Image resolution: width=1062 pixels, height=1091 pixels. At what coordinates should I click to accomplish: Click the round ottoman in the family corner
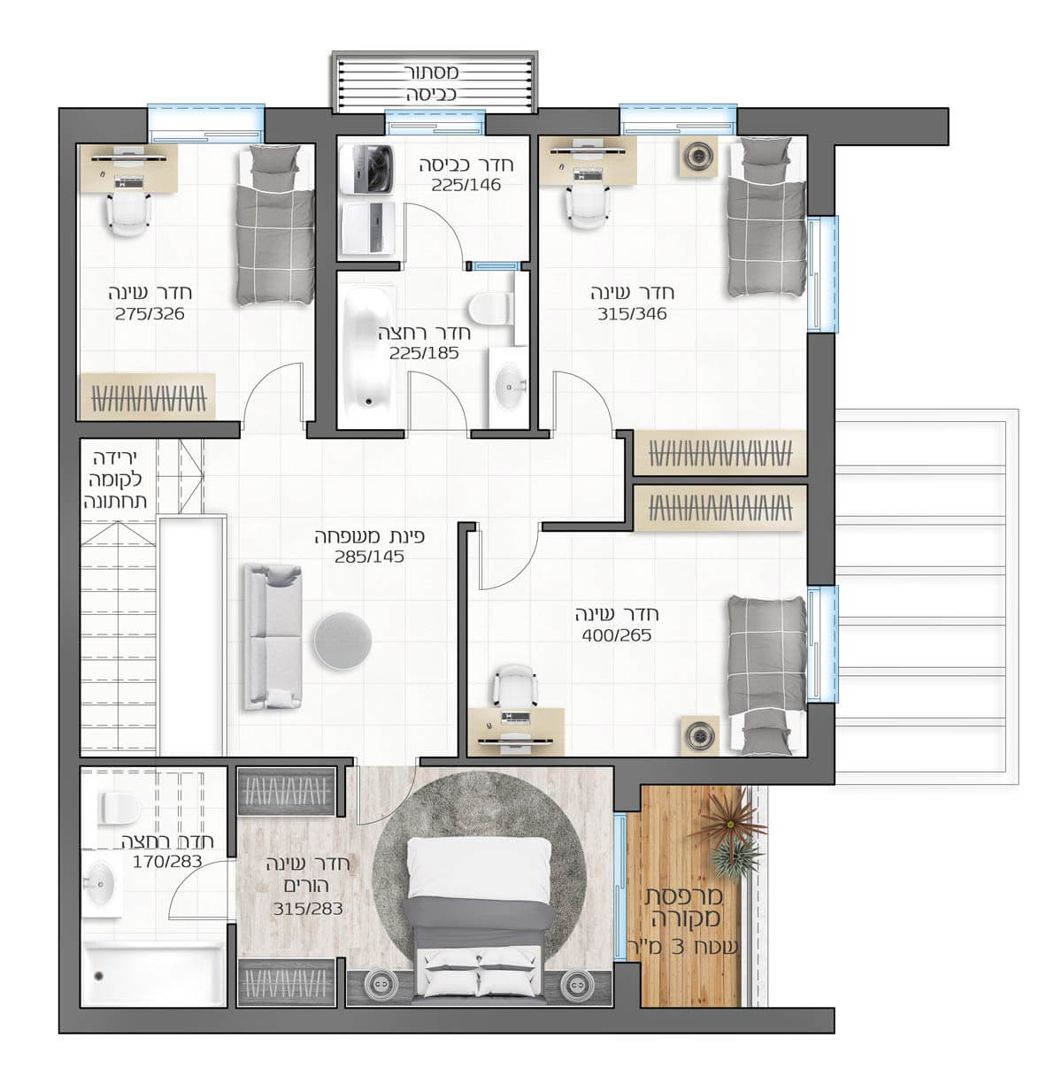click(342, 641)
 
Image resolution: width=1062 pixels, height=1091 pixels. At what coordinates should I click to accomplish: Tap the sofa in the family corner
click(273, 637)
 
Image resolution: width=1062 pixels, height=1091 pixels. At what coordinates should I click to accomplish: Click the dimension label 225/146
click(466, 185)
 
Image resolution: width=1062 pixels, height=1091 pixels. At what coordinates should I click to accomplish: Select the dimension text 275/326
click(150, 314)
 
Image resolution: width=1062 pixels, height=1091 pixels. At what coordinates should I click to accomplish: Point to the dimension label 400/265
click(617, 636)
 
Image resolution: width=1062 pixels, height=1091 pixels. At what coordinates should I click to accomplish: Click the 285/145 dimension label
click(370, 557)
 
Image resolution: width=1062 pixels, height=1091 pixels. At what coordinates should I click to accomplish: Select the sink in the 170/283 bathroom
click(102, 884)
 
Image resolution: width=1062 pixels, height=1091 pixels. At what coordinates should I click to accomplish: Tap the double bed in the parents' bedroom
click(478, 918)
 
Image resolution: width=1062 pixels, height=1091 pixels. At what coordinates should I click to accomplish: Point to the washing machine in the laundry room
click(366, 169)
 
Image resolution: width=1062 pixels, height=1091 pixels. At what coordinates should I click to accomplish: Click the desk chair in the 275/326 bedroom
click(129, 213)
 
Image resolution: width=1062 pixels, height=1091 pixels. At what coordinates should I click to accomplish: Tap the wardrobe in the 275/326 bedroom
click(148, 397)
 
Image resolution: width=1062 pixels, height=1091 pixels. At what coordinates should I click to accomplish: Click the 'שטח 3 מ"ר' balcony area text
click(683, 947)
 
